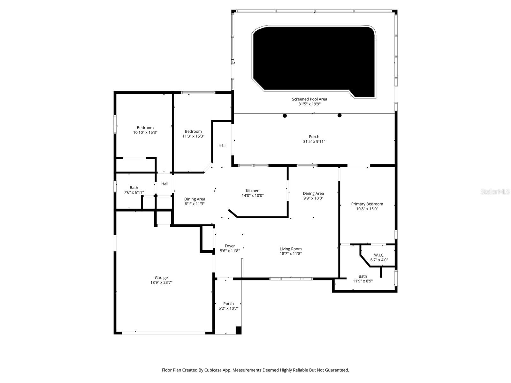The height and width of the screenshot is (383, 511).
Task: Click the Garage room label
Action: click(161, 278)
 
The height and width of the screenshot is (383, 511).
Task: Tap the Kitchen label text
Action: click(253, 191)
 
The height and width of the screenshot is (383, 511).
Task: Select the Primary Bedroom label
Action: click(367, 204)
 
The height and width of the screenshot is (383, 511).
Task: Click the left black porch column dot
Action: click(285, 116)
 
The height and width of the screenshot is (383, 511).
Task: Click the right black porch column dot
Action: click(339, 116)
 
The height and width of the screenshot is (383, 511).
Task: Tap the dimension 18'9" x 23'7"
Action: click(161, 282)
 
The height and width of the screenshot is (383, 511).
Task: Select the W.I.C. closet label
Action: click(379, 255)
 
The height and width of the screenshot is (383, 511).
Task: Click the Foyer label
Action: click(230, 246)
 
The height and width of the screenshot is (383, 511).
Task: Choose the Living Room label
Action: click(291, 249)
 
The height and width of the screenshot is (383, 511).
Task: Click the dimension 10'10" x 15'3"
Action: click(145, 132)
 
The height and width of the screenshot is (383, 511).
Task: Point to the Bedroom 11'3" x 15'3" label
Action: click(193, 131)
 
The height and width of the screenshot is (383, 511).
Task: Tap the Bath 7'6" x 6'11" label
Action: click(134, 188)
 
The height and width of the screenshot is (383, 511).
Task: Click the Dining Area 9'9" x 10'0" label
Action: click(313, 193)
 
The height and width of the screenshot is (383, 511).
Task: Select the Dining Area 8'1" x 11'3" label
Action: click(194, 199)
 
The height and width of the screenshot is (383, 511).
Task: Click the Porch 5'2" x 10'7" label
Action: click(228, 304)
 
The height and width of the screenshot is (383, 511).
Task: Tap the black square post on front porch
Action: click(239, 330)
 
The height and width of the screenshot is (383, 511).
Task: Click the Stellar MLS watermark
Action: click(495, 192)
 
